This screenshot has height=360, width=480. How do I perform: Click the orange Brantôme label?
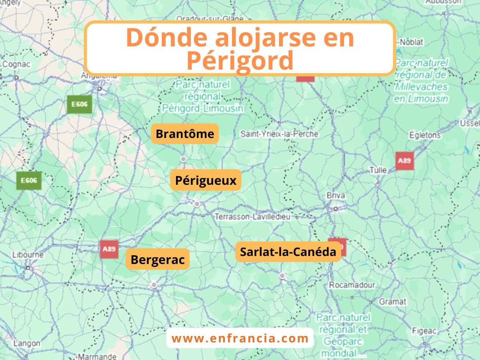185,134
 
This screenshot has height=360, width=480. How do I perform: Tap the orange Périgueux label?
206,180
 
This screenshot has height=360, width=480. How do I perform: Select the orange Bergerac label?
158,260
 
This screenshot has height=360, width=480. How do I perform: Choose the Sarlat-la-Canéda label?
288,252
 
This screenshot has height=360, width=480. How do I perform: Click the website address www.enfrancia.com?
240,338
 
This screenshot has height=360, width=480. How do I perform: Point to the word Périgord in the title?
240,61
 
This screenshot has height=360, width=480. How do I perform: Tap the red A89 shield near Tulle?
404,161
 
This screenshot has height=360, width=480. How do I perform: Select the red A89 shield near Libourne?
109,249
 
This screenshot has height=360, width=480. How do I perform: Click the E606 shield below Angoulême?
80,104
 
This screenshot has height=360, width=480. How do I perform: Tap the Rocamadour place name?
352,286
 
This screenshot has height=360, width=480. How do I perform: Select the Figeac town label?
424,331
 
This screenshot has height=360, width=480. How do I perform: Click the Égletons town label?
424,135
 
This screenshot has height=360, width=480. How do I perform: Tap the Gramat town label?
392,302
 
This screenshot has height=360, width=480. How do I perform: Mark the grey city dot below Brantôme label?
183,159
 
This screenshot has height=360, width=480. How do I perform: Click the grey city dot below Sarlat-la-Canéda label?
282,276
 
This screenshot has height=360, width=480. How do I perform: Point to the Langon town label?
27,343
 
